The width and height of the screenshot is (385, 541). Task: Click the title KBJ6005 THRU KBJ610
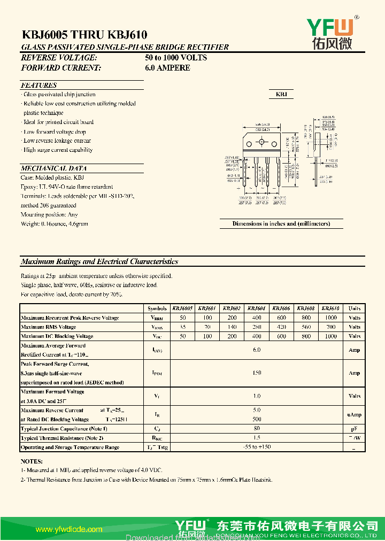(x=84, y=35)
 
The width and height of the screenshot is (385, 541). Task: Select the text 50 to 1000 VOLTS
(x=176, y=58)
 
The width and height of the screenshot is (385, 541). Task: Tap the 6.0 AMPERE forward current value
(x=167, y=68)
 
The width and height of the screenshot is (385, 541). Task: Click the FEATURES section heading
(x=38, y=85)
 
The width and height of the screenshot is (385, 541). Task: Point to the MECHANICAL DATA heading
(x=53, y=168)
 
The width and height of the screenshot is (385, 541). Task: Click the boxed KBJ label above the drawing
(x=281, y=94)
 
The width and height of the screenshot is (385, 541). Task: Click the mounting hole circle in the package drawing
(x=262, y=143)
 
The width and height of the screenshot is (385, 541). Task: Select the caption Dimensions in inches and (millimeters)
(x=281, y=223)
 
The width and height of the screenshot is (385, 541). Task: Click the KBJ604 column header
(x=257, y=308)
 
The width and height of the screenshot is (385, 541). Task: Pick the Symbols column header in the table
(x=157, y=308)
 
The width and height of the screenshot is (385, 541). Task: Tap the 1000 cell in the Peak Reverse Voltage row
(x=330, y=318)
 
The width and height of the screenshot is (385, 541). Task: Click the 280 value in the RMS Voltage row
(x=257, y=327)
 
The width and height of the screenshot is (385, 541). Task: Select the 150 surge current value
(x=257, y=373)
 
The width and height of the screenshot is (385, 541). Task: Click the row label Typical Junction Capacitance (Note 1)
(x=64, y=429)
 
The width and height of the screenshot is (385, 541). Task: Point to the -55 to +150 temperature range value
(x=257, y=447)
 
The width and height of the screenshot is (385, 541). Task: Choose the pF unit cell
(x=354, y=429)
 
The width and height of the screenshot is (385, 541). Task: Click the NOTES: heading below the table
(x=32, y=461)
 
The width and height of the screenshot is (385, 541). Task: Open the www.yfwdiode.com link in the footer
(x=68, y=529)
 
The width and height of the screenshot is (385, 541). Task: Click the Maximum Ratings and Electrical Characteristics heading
(x=99, y=261)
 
